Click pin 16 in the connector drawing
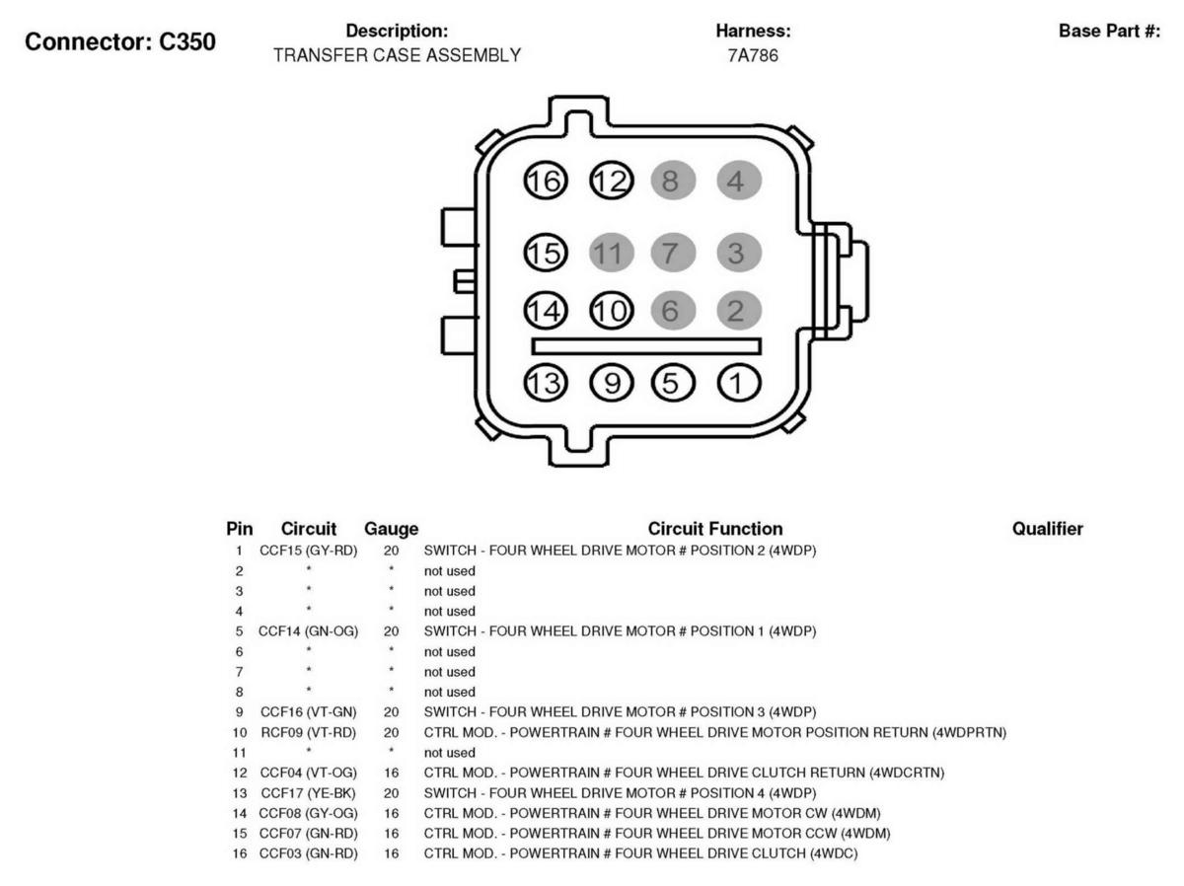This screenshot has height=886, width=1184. click(545, 181)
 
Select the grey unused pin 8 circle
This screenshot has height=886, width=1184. click(673, 181)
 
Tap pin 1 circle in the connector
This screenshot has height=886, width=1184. click(738, 383)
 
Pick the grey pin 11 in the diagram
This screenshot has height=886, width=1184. click(611, 253)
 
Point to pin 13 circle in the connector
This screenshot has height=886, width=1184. click(545, 383)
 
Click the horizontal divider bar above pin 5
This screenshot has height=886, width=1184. click(646, 346)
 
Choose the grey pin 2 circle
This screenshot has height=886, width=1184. click(738, 311)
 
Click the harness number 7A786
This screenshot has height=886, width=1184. click(753, 55)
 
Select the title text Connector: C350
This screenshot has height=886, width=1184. click(120, 42)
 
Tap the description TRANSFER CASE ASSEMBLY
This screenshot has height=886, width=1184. click(397, 55)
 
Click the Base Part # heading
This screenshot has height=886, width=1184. click(1110, 32)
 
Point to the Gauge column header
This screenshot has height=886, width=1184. click(391, 529)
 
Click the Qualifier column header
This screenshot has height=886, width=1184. click(1048, 529)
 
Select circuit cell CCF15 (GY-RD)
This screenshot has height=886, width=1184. click(309, 551)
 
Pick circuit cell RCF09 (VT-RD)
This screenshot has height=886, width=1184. click(309, 733)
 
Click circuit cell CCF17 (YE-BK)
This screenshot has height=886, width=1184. click(309, 793)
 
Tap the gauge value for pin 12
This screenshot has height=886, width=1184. click(391, 773)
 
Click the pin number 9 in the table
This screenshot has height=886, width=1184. click(239, 712)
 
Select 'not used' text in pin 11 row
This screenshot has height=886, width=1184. click(449, 753)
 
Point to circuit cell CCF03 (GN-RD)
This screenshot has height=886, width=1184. click(309, 853)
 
